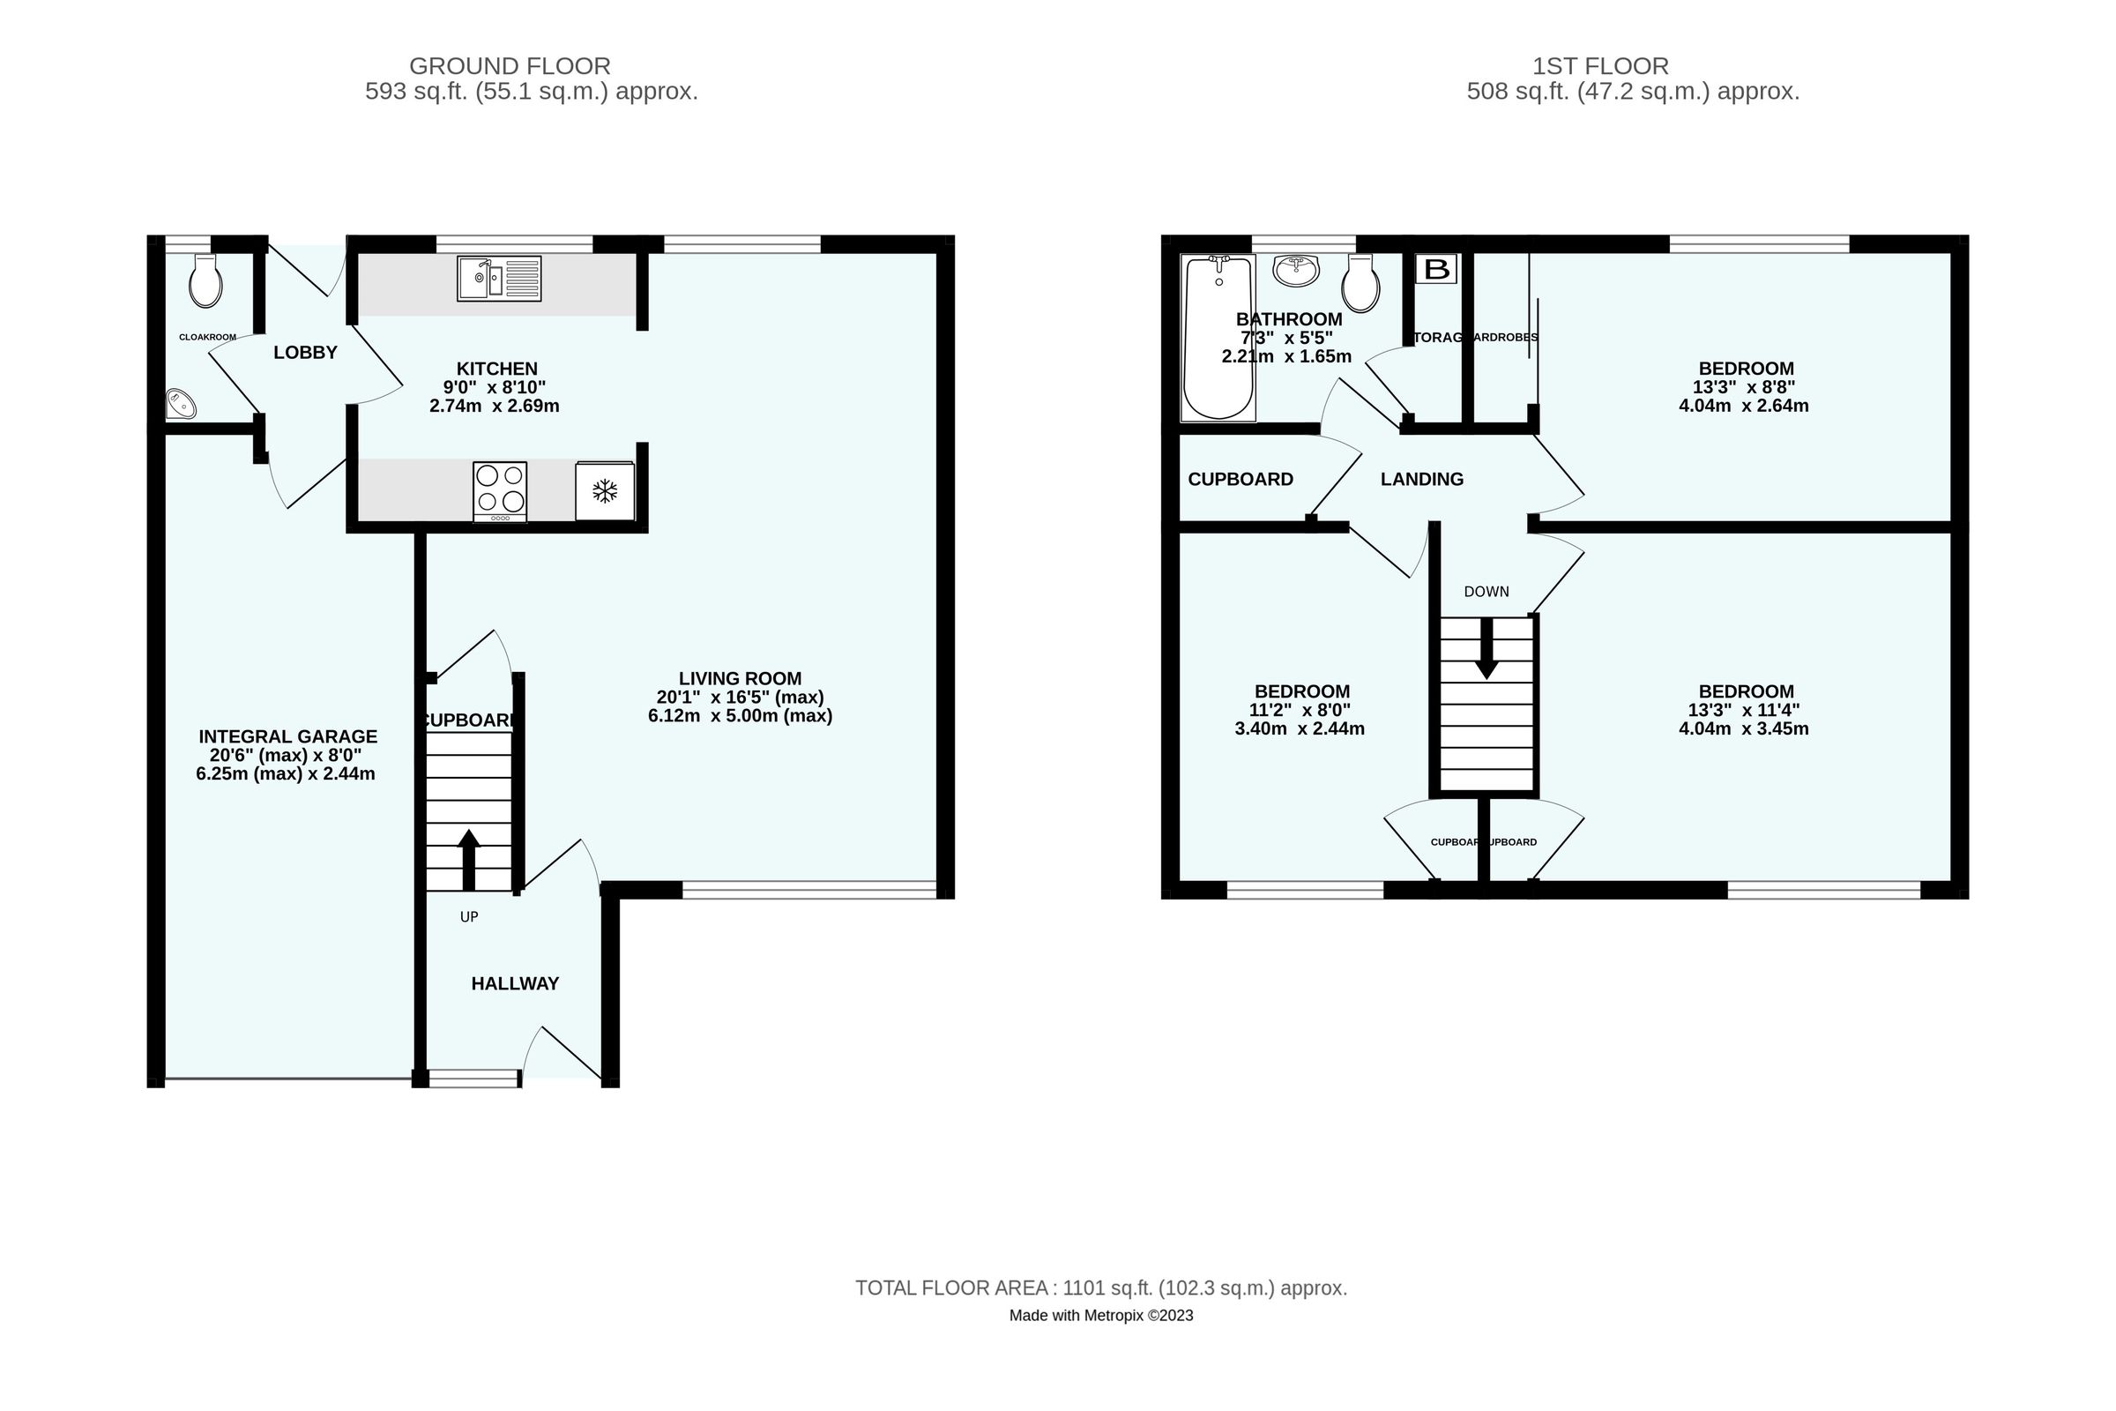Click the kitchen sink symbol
(x=498, y=278)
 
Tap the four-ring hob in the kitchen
(x=500, y=490)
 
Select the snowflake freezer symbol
(x=605, y=491)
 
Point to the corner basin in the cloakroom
(x=180, y=404)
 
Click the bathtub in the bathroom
(x=1218, y=339)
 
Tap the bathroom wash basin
(x=1296, y=270)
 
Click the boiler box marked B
(x=1437, y=269)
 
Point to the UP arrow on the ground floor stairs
(x=469, y=859)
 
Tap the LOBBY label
(x=305, y=353)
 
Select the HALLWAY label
(x=515, y=983)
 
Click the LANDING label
(x=1421, y=480)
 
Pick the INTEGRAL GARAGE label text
(x=288, y=736)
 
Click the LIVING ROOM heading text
(x=740, y=678)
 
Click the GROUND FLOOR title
(x=510, y=65)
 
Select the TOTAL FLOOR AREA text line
(x=1100, y=1288)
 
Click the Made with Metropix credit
(x=1100, y=1316)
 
